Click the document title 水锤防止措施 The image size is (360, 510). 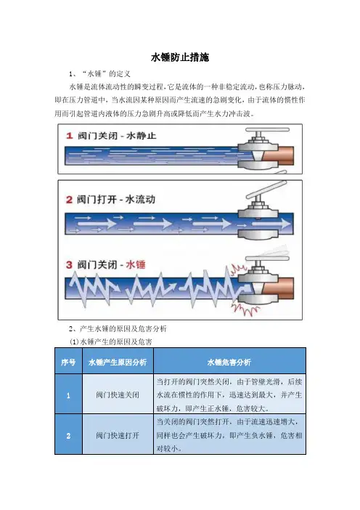(180, 57)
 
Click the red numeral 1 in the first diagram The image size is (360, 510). (69, 135)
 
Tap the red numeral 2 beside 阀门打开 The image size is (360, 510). (69, 199)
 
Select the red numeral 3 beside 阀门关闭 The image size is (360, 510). (69, 264)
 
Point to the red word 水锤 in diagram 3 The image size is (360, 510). (136, 264)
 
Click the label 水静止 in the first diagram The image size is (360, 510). (141, 135)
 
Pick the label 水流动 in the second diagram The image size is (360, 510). (140, 199)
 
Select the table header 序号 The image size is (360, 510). (68, 362)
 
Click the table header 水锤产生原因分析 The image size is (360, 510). (118, 362)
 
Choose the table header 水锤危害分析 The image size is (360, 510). (229, 362)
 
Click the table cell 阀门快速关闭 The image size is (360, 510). (118, 395)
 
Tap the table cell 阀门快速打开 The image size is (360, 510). (118, 435)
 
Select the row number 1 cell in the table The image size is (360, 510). (68, 394)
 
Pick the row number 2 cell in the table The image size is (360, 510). (68, 434)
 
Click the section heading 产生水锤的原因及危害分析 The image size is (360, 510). (123, 328)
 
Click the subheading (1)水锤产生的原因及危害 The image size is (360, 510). (111, 342)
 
